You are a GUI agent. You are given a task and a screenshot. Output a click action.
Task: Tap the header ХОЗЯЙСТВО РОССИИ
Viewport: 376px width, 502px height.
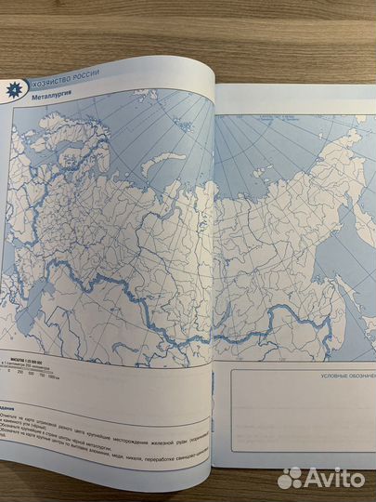[75, 86]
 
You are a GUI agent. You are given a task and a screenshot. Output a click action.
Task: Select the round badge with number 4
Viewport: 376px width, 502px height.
[16, 86]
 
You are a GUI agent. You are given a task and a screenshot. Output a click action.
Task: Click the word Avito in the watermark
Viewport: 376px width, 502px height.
[335, 477]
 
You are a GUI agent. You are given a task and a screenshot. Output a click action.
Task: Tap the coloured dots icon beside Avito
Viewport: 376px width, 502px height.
[291, 477]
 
